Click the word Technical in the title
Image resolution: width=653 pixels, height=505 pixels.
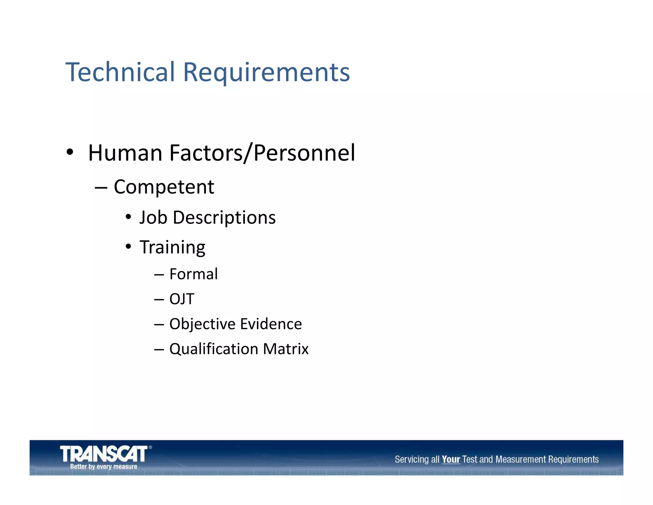(x=120, y=72)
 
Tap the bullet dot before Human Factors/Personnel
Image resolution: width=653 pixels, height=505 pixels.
(x=70, y=152)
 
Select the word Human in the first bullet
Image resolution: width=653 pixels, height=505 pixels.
(x=125, y=153)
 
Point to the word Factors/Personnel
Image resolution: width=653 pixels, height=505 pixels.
(x=262, y=153)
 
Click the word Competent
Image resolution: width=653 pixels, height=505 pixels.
(x=164, y=187)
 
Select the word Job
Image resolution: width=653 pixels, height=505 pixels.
(x=153, y=218)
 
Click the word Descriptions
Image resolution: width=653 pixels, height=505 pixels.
(x=224, y=218)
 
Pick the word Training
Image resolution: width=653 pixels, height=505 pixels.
(x=172, y=247)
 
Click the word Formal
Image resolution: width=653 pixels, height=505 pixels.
(x=194, y=274)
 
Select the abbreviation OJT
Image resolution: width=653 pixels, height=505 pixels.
(x=182, y=299)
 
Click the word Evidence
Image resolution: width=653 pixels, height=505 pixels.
(x=271, y=324)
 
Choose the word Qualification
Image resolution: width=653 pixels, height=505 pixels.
(x=214, y=349)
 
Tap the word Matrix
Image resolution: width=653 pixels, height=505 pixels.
(x=286, y=349)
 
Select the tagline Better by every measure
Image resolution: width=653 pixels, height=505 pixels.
(x=104, y=466)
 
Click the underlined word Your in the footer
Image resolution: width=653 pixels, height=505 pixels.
(x=451, y=459)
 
